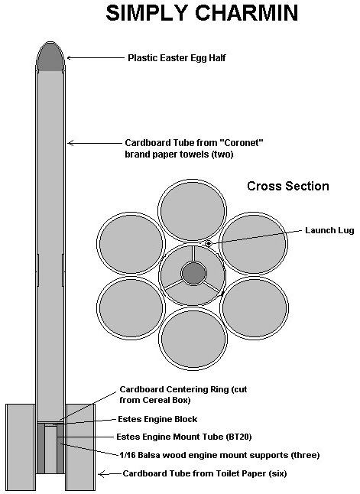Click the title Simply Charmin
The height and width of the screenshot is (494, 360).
(x=202, y=13)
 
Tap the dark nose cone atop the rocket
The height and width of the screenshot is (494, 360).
(x=50, y=57)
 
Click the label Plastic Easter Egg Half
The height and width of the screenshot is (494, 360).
(x=177, y=58)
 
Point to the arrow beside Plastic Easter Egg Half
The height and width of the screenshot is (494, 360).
(x=96, y=57)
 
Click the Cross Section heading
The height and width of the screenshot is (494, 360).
(x=288, y=186)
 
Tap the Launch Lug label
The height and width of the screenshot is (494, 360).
(x=329, y=230)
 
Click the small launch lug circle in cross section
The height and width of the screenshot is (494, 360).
(x=209, y=243)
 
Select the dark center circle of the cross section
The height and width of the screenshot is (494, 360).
(x=193, y=274)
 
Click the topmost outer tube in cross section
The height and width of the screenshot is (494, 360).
(x=192, y=211)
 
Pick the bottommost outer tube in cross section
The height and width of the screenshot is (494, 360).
(x=193, y=338)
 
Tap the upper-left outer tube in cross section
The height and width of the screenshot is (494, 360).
(x=131, y=243)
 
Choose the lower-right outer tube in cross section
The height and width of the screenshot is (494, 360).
(x=255, y=308)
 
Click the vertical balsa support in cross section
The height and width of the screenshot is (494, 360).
(x=193, y=253)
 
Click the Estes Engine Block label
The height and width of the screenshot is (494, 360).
(x=157, y=419)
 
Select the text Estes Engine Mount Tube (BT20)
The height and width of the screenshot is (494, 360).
(x=184, y=437)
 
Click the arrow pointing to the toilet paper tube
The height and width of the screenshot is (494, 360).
(x=109, y=473)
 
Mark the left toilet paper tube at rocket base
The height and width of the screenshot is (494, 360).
(x=20, y=447)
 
